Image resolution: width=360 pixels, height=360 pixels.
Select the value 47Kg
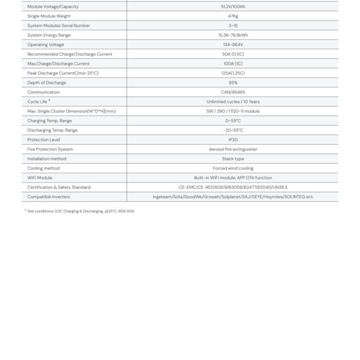[233, 16]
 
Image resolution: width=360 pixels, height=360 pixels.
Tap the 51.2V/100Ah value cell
[233, 7]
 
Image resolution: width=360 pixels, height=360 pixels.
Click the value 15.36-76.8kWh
[233, 35]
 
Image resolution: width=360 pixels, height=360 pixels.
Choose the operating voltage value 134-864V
[233, 45]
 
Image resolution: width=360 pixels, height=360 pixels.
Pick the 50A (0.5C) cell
[233, 54]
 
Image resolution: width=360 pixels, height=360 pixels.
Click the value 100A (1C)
[233, 64]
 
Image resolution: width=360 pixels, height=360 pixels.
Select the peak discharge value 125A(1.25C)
[233, 73]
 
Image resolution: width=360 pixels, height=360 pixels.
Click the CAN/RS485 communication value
[233, 92]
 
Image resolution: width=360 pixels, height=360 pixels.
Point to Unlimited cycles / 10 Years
[233, 102]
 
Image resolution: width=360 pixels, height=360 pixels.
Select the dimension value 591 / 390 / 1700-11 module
[233, 111]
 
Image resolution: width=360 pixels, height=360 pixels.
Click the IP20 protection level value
[233, 140]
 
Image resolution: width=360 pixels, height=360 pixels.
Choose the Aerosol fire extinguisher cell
[233, 149]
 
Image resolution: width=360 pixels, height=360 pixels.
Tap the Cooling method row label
[42, 169]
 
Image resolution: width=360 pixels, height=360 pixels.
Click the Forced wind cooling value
[233, 169]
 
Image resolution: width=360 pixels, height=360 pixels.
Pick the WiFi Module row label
[40, 178]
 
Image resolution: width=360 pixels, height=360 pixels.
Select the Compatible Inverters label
[46, 197]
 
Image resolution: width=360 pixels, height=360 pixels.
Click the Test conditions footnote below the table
[79, 211]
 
